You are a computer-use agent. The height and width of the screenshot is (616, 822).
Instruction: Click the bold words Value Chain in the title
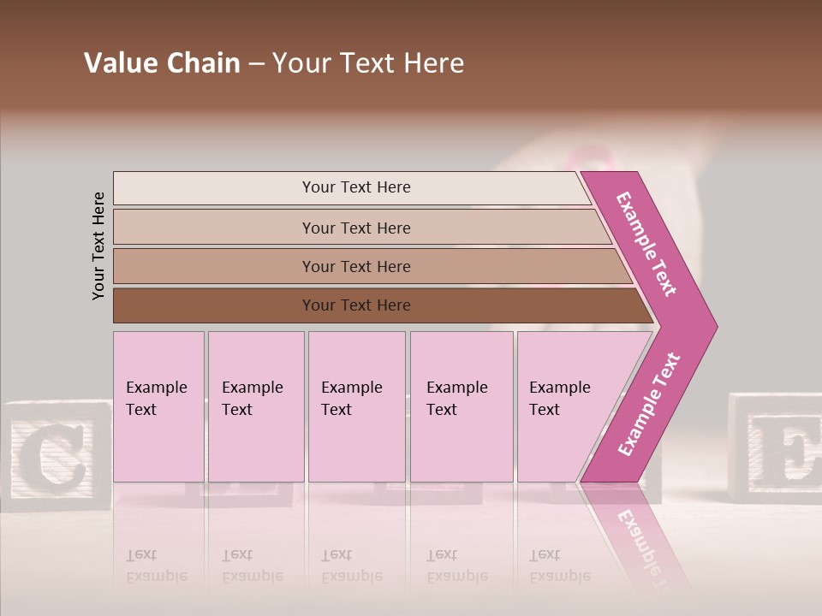(x=162, y=63)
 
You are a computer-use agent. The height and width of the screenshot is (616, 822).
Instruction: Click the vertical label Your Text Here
(x=98, y=246)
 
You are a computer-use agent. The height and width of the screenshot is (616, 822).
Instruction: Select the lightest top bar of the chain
(x=355, y=187)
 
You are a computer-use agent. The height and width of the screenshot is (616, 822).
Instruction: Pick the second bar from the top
(x=355, y=228)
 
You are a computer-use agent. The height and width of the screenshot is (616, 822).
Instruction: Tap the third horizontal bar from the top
(x=355, y=266)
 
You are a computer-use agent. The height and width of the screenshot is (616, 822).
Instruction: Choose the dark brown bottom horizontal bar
(x=355, y=305)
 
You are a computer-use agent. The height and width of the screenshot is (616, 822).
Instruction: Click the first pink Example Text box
(x=158, y=406)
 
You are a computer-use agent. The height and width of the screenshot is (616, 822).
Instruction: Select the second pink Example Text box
(x=256, y=406)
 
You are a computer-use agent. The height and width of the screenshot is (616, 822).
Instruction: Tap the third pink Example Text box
(x=356, y=406)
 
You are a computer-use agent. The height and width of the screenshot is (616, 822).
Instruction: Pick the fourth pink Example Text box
(x=462, y=406)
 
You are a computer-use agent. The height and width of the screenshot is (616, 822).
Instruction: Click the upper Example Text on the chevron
(x=647, y=244)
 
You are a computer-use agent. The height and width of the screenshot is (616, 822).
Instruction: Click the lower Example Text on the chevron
(x=649, y=404)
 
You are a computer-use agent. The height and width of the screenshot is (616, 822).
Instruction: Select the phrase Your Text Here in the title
(x=368, y=63)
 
